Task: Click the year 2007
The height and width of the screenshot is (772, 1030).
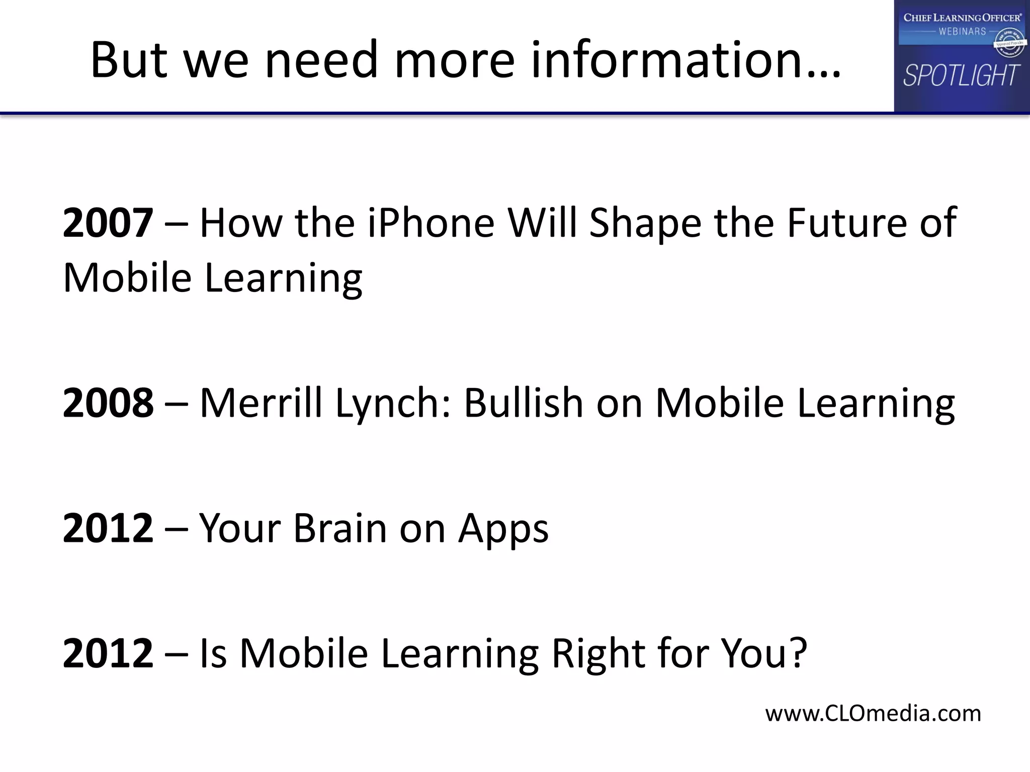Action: coord(108,223)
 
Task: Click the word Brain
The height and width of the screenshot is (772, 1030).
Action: coord(340,528)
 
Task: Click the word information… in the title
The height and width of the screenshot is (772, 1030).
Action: coord(686,60)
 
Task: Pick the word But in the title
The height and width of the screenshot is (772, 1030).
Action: coord(129,60)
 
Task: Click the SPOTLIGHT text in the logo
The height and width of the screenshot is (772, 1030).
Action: coord(961,75)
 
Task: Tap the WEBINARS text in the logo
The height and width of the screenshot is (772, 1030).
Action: coord(962,32)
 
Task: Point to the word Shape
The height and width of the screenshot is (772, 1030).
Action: coord(645,224)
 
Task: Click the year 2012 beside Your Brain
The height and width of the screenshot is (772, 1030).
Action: coord(108,528)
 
